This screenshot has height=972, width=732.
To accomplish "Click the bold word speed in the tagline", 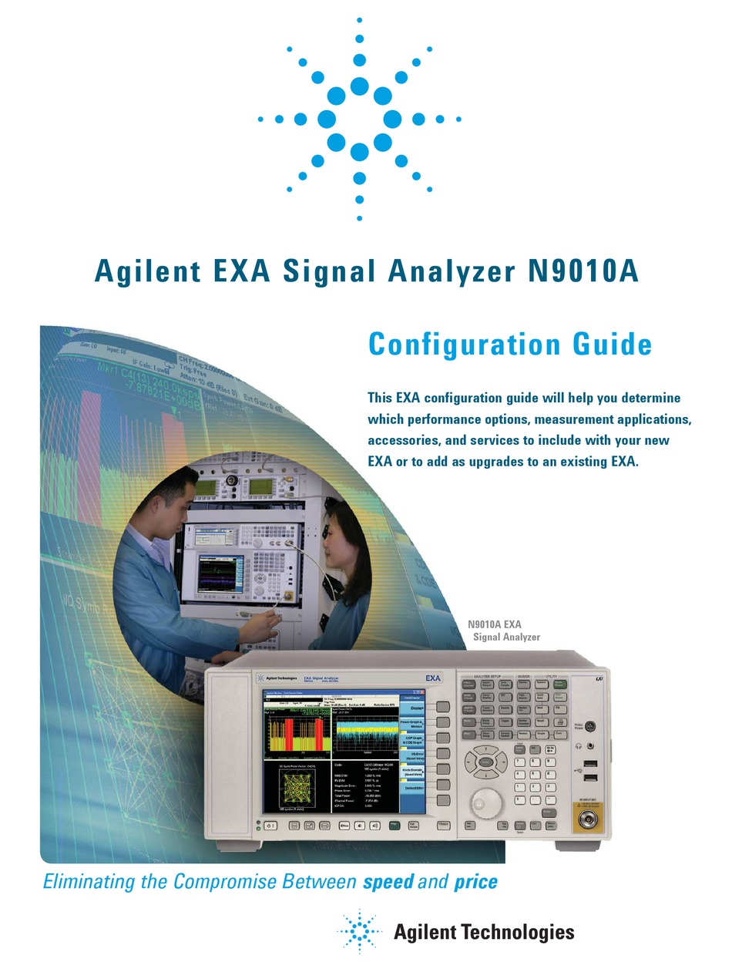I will click(388, 881).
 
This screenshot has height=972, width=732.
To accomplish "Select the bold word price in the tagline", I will click(475, 881).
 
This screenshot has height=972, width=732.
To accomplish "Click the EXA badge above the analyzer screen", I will click(433, 678).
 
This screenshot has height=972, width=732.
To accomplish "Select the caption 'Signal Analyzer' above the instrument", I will click(505, 637).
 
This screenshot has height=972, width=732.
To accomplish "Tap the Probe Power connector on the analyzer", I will click(589, 725).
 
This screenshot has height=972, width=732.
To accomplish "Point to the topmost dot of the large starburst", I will click(360, 18).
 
